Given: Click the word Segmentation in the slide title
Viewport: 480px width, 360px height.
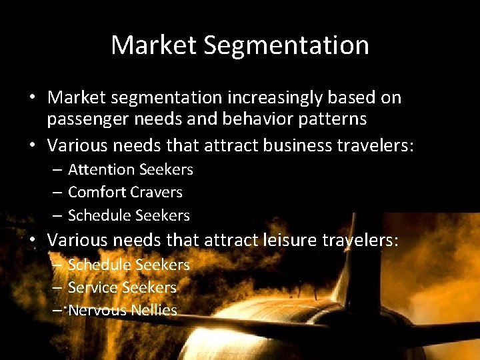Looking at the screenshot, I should pyautogui.click(x=287, y=46).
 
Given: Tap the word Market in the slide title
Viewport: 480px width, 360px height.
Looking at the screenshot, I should pyautogui.click(x=153, y=45).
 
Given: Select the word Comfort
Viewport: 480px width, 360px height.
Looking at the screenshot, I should pyautogui.click(x=97, y=193).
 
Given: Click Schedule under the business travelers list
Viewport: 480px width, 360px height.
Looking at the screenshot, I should pyautogui.click(x=99, y=215).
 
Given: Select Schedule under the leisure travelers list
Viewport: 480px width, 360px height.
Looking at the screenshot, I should pyautogui.click(x=99, y=265).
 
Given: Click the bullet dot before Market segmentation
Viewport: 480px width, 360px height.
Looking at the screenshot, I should pyautogui.click(x=32, y=97).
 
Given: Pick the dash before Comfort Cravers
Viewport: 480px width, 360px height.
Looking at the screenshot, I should pyautogui.click(x=57, y=193).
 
